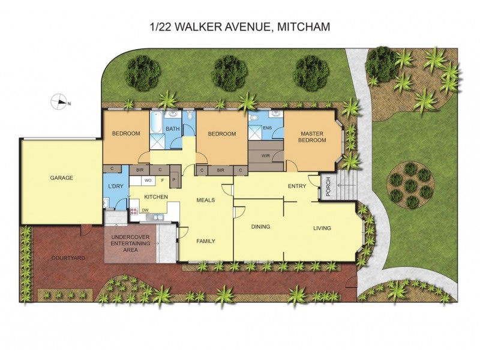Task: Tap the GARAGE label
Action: coord(61,178)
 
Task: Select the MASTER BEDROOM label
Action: coord(313,137)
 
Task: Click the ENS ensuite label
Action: coord(268,128)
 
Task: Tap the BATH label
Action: coord(172,129)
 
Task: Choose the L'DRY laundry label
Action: coord(115,187)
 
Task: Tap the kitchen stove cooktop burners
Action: coord(133,211)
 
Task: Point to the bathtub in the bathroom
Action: coord(155,122)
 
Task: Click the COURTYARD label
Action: coord(68,257)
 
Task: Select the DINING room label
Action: coord(260,227)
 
